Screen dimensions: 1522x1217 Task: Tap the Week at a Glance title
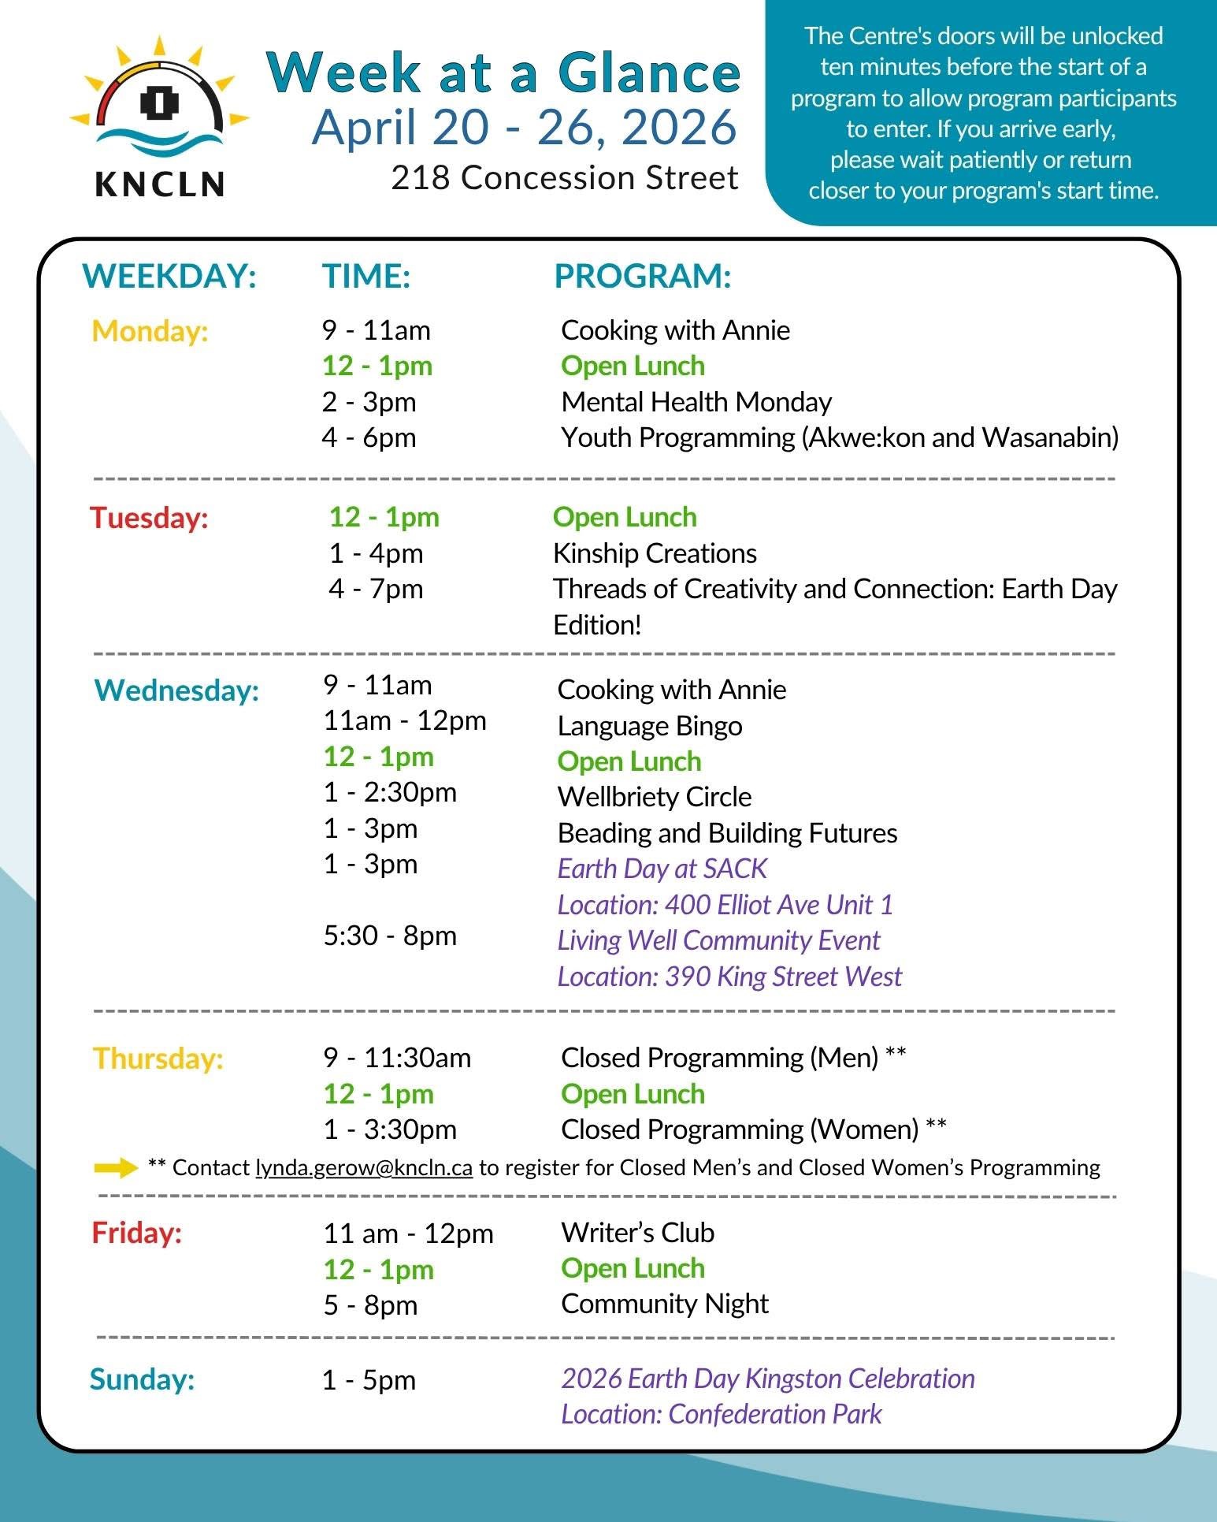(x=504, y=73)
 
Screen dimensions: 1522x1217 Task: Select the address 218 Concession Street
(x=565, y=178)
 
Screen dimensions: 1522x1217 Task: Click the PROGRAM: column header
(x=643, y=277)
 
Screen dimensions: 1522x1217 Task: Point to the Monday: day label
(x=150, y=331)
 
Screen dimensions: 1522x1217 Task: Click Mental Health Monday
(x=696, y=402)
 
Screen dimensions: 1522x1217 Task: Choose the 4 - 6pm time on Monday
(x=369, y=437)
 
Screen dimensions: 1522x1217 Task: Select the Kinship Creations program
(x=655, y=553)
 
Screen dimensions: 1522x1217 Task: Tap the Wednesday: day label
(x=176, y=690)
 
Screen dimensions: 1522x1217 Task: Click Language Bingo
(x=650, y=726)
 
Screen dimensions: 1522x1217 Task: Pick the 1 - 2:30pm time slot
(x=390, y=792)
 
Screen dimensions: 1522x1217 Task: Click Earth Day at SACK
(x=662, y=869)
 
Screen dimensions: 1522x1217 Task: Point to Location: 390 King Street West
(x=729, y=977)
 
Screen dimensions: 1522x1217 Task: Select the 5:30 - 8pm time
(x=390, y=936)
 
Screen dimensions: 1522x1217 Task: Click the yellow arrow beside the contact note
(x=116, y=1168)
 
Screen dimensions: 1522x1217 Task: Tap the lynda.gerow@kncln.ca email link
(x=364, y=1168)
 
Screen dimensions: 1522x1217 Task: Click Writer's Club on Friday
(x=637, y=1233)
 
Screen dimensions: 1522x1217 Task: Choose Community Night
(x=665, y=1304)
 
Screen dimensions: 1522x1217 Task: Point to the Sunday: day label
(x=142, y=1379)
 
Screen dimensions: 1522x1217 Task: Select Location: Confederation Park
(x=721, y=1414)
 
